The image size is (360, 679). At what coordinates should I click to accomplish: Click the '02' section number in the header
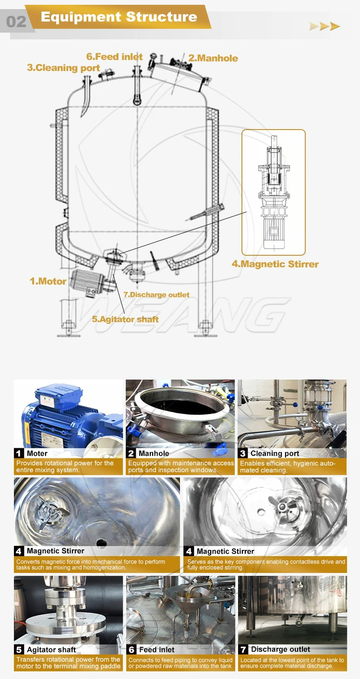(16, 22)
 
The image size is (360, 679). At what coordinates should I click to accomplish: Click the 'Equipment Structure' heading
(119, 17)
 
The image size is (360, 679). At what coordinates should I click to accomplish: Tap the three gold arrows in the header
(324, 26)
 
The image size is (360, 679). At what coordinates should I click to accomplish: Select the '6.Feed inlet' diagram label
(114, 57)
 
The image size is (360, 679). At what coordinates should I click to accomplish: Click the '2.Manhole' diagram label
(213, 58)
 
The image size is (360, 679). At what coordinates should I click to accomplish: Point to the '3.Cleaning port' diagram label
(63, 68)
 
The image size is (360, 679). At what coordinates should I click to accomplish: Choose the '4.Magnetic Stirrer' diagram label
(275, 264)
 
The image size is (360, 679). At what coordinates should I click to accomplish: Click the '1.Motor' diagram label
(48, 281)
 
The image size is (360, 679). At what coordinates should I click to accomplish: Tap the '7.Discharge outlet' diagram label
(156, 295)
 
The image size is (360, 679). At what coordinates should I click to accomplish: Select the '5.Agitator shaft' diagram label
(125, 319)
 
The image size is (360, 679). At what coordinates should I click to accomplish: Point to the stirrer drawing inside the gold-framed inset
(273, 192)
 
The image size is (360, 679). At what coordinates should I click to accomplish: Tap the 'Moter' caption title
(37, 453)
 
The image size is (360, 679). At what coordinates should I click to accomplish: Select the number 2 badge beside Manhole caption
(131, 453)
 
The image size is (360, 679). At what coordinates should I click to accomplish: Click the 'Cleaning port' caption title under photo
(275, 453)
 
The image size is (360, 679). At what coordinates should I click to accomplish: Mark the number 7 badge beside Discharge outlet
(243, 649)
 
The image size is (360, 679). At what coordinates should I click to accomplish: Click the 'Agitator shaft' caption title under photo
(51, 650)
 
